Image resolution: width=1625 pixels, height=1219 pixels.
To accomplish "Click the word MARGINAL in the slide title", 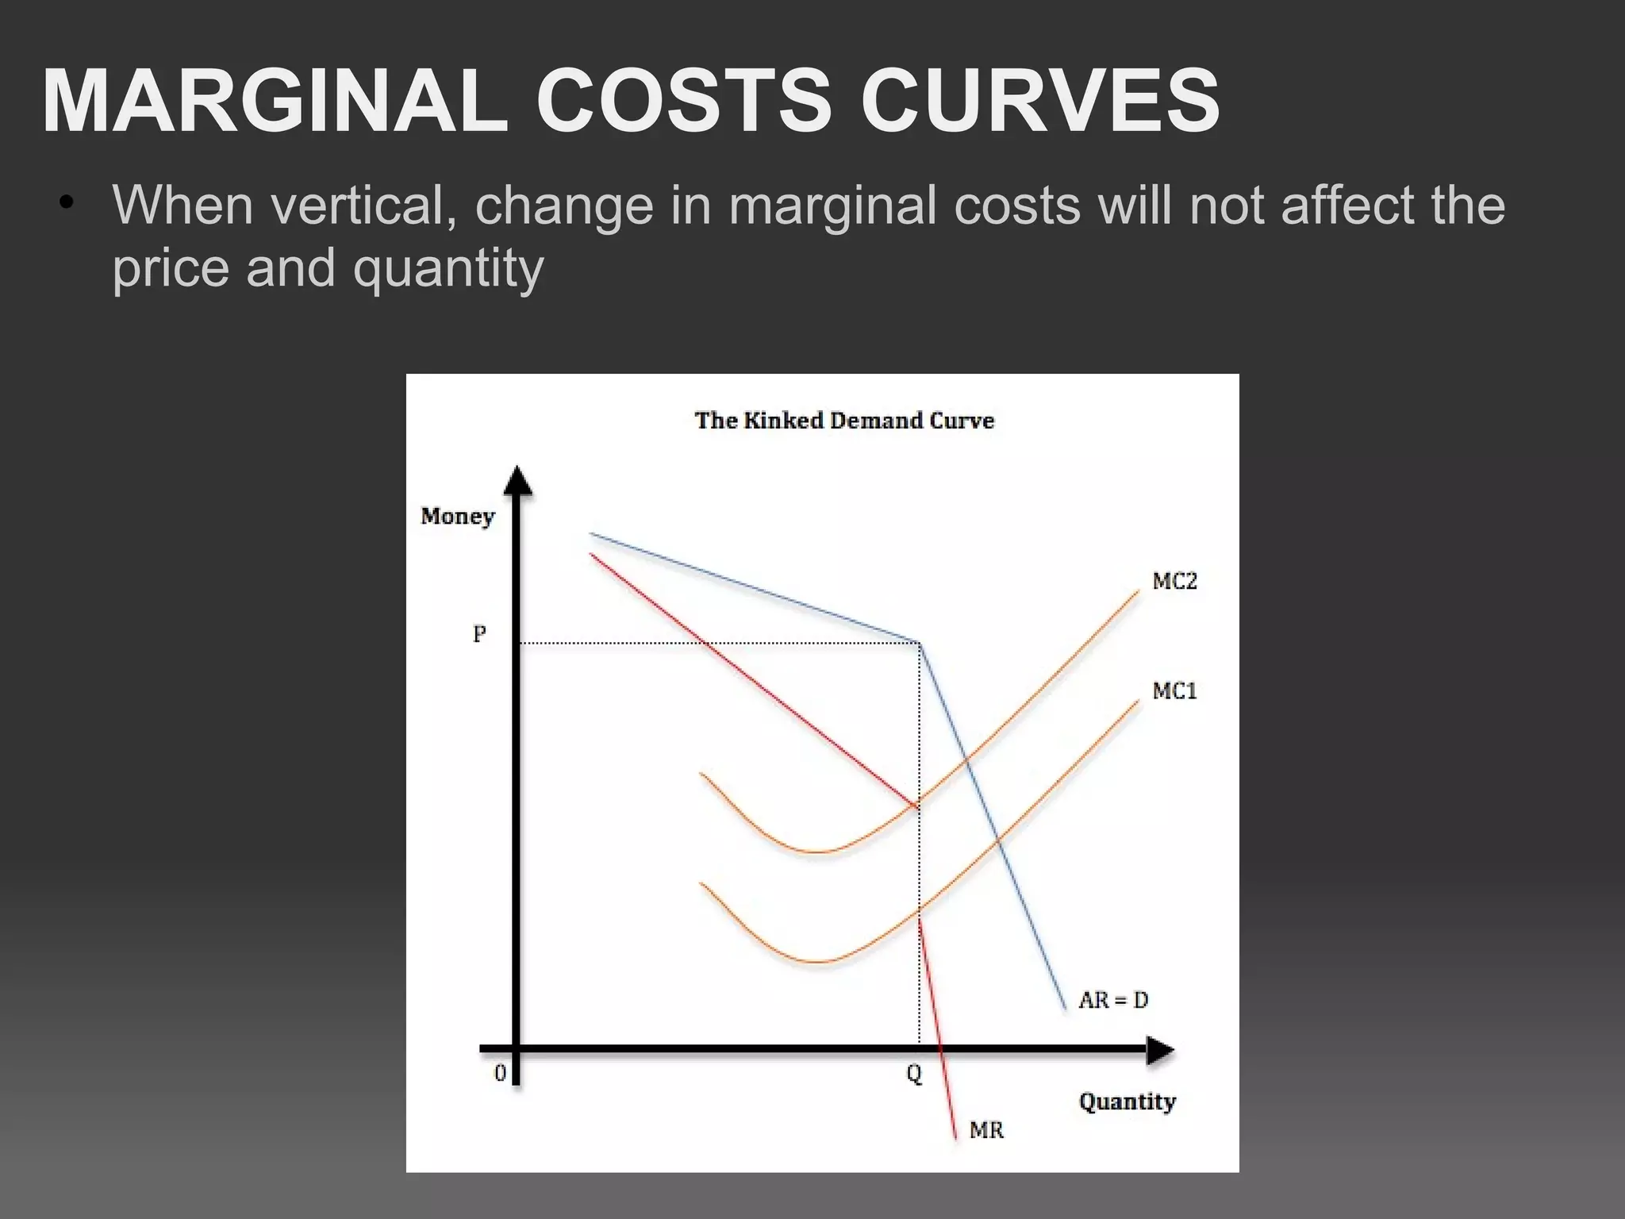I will [275, 101].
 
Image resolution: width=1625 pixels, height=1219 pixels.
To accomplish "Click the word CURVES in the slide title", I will [1039, 101].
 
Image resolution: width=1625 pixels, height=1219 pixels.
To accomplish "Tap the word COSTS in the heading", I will [684, 101].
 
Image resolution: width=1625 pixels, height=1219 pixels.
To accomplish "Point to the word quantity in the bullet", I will [448, 268].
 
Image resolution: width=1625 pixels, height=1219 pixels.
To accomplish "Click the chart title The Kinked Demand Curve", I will [844, 420].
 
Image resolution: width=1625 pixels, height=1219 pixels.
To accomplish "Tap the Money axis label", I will [457, 517].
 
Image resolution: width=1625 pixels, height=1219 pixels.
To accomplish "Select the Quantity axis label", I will [1127, 1102].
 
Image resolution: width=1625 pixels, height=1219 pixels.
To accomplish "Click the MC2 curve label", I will [1174, 582].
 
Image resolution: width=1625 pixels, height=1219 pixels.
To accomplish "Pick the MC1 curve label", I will [1174, 691].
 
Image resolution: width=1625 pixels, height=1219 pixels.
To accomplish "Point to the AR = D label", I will [1113, 1000].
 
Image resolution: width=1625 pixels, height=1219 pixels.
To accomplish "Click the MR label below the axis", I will [986, 1129].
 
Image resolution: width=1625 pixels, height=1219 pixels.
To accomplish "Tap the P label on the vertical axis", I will [479, 634].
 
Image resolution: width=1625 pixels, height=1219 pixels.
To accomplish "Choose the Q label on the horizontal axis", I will [914, 1075].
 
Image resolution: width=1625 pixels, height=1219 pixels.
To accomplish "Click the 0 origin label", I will [500, 1074].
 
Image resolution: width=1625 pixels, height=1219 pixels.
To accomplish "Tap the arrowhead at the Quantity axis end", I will [1160, 1051].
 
